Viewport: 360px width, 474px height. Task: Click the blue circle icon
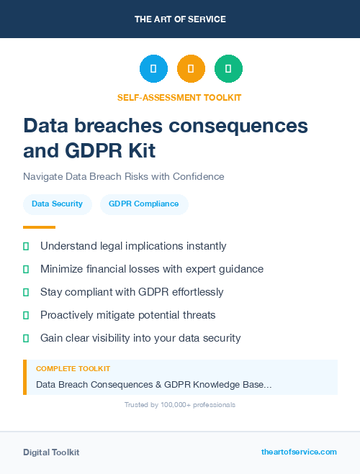(153, 69)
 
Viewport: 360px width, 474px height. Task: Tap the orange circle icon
(191, 69)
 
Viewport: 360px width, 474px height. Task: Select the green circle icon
(228, 69)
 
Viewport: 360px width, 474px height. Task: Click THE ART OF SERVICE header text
(180, 19)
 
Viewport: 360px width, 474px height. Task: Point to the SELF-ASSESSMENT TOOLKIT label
(179, 98)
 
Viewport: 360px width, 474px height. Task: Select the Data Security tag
(57, 204)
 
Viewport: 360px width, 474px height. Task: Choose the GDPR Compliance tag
(143, 204)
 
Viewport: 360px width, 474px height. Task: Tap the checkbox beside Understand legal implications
(26, 246)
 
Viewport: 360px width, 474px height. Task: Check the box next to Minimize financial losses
(26, 269)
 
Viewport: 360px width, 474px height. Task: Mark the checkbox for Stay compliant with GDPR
(26, 292)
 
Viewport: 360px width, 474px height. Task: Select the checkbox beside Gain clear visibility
(26, 338)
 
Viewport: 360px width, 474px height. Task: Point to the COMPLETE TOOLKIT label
(73, 369)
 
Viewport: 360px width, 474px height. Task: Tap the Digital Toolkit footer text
(51, 452)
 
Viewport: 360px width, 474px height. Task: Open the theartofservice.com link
(299, 452)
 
